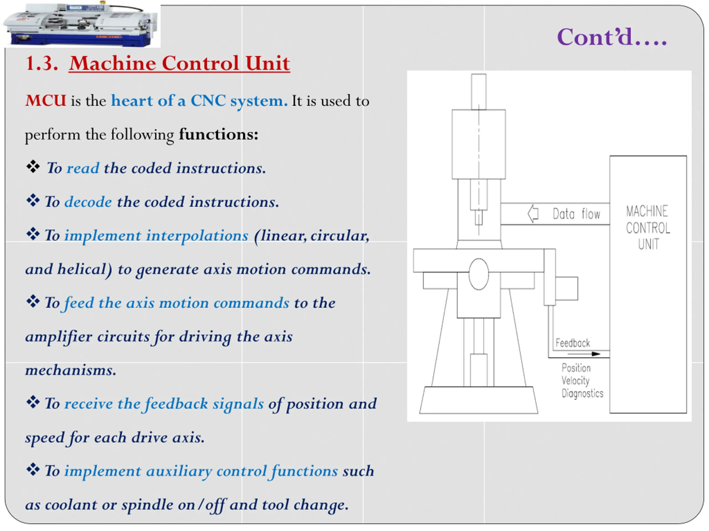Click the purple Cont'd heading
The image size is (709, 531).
[612, 37]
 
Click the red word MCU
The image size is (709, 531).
[46, 101]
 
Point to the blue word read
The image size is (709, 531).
[83, 168]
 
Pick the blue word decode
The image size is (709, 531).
[88, 202]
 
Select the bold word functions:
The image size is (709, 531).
[219, 134]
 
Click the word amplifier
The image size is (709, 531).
[59, 337]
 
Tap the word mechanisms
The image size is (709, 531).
[71, 370]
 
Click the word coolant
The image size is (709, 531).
[71, 505]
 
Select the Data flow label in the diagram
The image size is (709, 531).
[576, 214]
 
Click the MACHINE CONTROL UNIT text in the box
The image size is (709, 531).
[648, 228]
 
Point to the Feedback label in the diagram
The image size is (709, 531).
[572, 343]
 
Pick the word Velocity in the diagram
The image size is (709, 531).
[575, 381]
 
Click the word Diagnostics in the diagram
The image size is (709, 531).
[582, 393]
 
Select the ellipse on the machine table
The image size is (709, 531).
[479, 274]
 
